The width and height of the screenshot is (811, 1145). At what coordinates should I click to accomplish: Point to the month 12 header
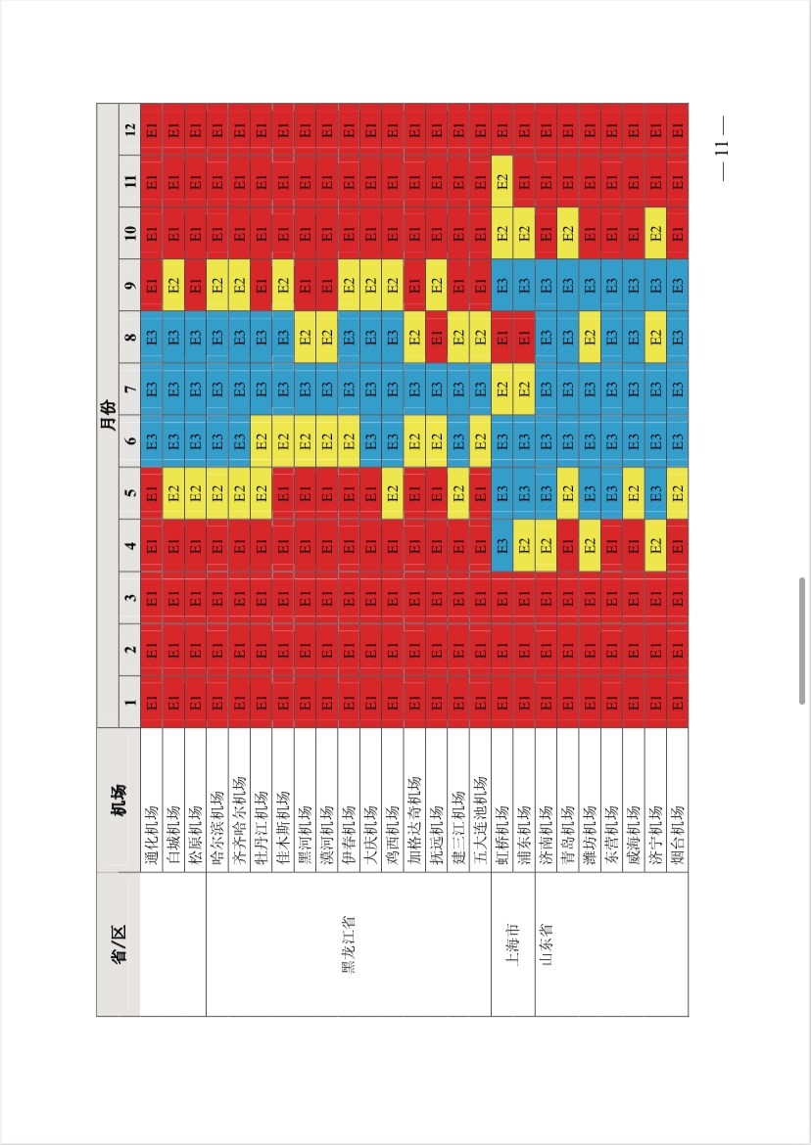pyautogui.click(x=130, y=129)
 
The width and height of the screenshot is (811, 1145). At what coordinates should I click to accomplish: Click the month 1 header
pyautogui.click(x=130, y=702)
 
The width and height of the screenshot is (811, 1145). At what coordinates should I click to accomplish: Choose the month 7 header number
pyautogui.click(x=130, y=389)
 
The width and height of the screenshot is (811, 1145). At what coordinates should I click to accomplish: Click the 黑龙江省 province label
pyautogui.click(x=348, y=944)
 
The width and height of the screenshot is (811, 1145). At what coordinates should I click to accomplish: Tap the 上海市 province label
pyautogui.click(x=512, y=944)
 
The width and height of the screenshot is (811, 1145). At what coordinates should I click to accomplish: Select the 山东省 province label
pyautogui.click(x=546, y=944)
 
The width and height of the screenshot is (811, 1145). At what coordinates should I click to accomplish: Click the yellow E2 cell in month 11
pyautogui.click(x=501, y=181)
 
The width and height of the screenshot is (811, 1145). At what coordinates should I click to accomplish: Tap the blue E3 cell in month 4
pyautogui.click(x=501, y=545)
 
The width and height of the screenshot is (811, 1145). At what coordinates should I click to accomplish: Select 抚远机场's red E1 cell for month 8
pyautogui.click(x=436, y=338)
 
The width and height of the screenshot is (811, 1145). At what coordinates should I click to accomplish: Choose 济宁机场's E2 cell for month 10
pyautogui.click(x=655, y=233)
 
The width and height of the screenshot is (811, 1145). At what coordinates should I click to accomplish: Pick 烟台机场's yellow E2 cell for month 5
pyautogui.click(x=678, y=493)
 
